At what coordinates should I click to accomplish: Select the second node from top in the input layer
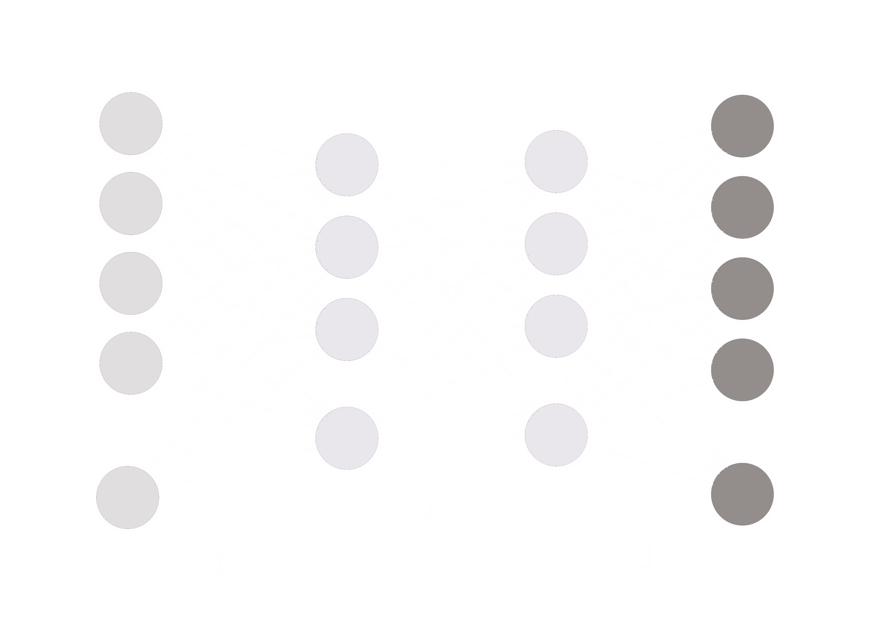point(131,203)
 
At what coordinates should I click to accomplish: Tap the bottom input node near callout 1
point(128,497)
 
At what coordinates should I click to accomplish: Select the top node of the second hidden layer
point(556,162)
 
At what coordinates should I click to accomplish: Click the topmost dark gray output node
point(743,126)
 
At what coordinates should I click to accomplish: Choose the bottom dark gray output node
point(743,494)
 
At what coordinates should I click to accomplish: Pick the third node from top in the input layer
point(131,283)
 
